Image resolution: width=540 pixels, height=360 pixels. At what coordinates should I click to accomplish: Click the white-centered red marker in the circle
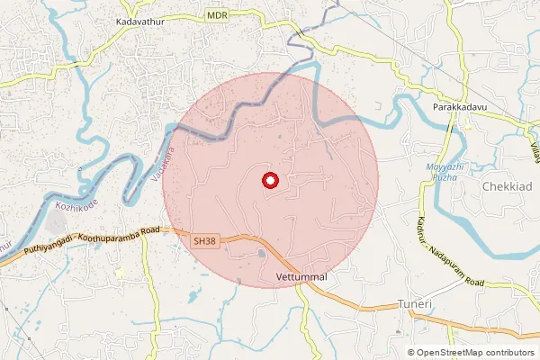pos(270,180)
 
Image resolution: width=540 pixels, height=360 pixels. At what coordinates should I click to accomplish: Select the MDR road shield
pos(216,16)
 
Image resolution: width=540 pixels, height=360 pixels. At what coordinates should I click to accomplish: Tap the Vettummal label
pos(301,275)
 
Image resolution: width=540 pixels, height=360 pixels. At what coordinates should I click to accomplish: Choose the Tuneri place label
pos(415,305)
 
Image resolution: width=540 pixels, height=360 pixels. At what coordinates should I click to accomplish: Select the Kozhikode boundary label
pos(76,206)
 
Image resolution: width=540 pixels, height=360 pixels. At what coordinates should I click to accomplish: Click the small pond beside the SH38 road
pos(261,254)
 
